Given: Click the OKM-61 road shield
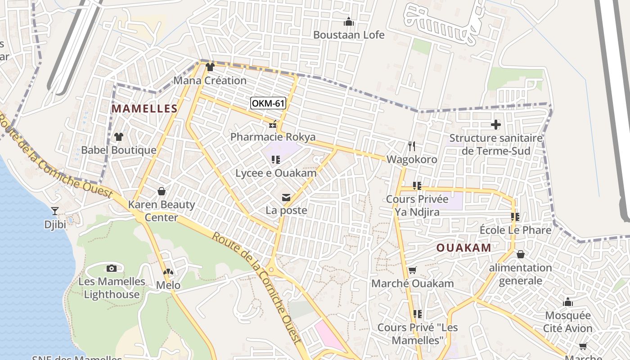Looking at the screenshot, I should click(268, 103).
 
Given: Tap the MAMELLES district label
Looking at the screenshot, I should click(144, 108).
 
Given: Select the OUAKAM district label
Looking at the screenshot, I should click(463, 247).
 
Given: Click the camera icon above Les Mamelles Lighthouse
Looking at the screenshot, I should click(112, 269).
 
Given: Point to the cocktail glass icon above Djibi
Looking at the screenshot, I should click(55, 211).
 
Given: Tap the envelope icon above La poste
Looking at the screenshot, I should click(286, 197).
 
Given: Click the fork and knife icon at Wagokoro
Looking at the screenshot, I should click(411, 146).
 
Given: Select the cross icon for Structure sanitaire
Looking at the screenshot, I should click(496, 125).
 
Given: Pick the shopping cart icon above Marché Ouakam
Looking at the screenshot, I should click(412, 270).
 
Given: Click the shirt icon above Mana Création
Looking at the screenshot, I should click(210, 67).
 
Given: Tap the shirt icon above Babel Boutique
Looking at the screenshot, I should click(119, 136).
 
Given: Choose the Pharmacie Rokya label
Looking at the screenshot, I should click(273, 137).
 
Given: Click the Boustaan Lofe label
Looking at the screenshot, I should click(349, 35).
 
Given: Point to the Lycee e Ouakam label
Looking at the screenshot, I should click(276, 173).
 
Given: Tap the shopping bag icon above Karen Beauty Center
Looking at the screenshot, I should click(162, 192).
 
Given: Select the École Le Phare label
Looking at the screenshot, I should click(515, 230).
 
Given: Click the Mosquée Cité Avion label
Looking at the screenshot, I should click(568, 321).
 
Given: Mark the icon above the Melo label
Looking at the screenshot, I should click(168, 272).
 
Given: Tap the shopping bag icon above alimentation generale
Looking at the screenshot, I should click(521, 255).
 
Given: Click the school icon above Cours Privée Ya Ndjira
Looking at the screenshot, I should click(417, 185).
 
